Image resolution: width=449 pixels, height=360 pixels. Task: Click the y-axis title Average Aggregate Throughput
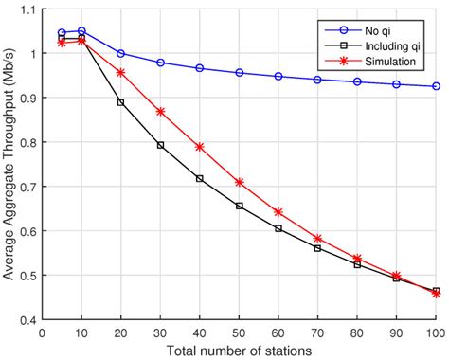click(x=10, y=165)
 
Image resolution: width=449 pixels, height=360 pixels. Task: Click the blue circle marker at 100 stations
click(x=436, y=86)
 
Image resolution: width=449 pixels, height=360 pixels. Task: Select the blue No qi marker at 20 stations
click(x=120, y=53)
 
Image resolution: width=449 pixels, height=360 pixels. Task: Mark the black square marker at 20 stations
click(x=120, y=102)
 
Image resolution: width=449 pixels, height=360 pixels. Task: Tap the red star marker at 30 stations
click(x=160, y=111)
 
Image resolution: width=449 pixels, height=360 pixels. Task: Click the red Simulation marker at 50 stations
click(x=239, y=182)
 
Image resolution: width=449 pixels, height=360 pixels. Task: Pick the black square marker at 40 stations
click(x=199, y=178)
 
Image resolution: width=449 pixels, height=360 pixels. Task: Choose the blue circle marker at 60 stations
click(x=278, y=76)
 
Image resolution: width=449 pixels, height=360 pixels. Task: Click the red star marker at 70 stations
click(x=317, y=239)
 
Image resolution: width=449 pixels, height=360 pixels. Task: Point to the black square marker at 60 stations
click(x=278, y=228)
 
